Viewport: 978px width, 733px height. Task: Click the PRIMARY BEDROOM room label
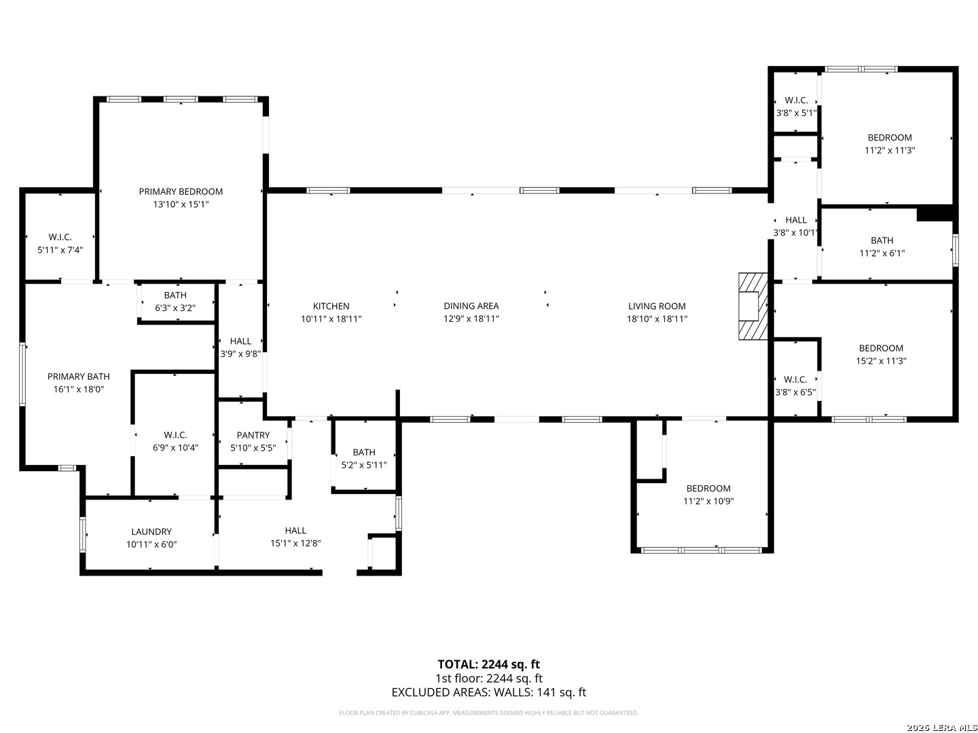(x=181, y=192)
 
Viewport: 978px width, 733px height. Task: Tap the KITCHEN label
(x=331, y=307)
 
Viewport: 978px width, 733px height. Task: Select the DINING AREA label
(x=471, y=307)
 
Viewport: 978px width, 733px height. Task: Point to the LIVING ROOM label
(x=657, y=307)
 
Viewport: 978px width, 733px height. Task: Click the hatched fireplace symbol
(x=753, y=306)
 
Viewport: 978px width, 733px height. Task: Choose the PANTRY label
(x=253, y=436)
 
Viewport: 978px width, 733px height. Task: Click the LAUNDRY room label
(x=151, y=532)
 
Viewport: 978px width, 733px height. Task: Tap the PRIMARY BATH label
(x=79, y=377)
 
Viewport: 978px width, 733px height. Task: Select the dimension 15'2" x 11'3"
(x=881, y=362)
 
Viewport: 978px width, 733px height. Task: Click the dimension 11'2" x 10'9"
(x=708, y=502)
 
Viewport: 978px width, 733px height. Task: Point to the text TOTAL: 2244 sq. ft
(x=488, y=664)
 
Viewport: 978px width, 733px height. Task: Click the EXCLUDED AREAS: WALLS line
(x=488, y=693)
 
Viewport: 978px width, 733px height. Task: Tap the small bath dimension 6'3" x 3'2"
(x=175, y=308)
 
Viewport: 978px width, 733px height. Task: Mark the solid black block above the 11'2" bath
(x=935, y=213)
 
